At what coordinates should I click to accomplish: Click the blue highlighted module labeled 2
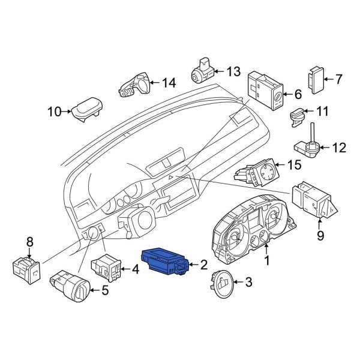point(164,263)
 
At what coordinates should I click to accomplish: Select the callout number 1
point(268,261)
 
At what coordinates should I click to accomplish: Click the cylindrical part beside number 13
point(202,71)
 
